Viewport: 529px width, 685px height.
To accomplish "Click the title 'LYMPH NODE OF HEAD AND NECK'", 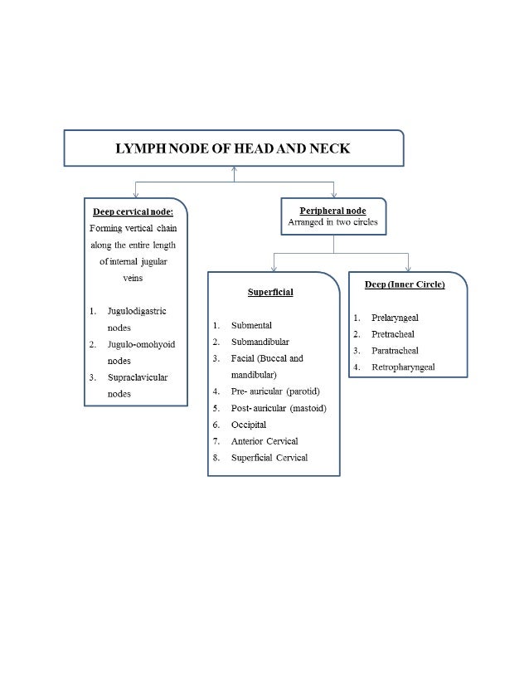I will tap(233, 148).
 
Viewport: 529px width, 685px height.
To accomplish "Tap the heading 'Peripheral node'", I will tap(332, 211).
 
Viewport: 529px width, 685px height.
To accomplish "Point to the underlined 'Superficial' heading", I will tap(270, 292).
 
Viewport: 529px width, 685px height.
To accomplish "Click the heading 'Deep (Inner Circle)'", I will tap(405, 284).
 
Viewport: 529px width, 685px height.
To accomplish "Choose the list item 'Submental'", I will tap(251, 325).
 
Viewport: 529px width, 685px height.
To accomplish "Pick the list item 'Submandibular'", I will tap(260, 342).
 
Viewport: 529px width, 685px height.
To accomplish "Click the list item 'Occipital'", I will tap(249, 425).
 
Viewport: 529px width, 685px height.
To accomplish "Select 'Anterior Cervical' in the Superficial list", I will tap(264, 441).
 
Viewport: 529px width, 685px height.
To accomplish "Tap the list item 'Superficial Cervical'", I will tap(269, 458).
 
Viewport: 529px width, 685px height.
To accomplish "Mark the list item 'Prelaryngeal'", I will tap(396, 318).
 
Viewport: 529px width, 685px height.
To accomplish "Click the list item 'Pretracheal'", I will tap(393, 334).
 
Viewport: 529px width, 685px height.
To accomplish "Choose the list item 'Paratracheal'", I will tap(395, 351).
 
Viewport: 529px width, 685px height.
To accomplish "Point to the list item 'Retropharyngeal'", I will tap(403, 367).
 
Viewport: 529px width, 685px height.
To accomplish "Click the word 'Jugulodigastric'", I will tap(137, 311).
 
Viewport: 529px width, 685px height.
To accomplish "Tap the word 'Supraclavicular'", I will tap(138, 377).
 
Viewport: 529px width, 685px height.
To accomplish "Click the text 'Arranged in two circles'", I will tap(332, 222).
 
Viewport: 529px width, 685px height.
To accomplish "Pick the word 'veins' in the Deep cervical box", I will tap(133, 278).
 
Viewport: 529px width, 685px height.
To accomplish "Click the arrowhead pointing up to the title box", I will tap(234, 170).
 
